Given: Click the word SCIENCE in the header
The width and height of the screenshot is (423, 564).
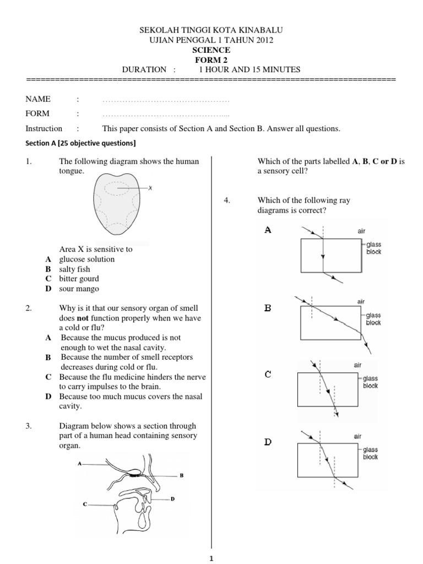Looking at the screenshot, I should coord(211,50).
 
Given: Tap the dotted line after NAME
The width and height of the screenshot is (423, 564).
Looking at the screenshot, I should coord(166,101).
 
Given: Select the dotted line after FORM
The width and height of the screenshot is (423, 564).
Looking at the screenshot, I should coord(166,115).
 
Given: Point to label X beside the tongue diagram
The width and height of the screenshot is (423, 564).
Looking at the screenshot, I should coord(149,188).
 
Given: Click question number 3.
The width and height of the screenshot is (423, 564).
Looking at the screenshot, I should coord(29,426).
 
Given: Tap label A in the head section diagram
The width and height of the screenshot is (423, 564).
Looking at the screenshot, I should coord(80,464).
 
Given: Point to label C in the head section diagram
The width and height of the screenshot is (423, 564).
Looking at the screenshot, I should coord(85,503).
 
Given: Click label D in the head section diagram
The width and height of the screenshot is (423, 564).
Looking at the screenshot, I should coord(172,499).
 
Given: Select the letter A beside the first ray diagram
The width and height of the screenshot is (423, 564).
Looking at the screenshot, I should coord(268,230).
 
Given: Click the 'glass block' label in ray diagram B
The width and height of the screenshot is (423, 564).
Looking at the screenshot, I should coord(373,319).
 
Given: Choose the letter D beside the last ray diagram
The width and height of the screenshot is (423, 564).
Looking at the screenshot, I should coord(268,442).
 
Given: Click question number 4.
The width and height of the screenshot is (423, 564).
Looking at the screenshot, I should coord(226,200).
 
